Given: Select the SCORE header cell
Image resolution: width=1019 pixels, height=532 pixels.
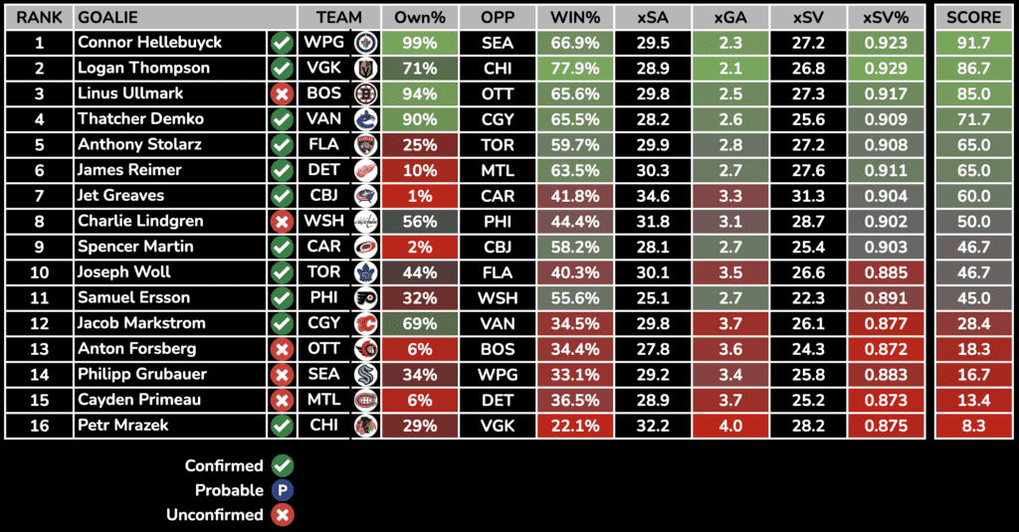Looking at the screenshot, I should (973, 18).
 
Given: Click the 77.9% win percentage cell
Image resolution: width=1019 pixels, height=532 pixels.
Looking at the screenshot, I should (574, 68).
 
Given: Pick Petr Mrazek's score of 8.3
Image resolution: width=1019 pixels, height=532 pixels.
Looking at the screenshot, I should (973, 426).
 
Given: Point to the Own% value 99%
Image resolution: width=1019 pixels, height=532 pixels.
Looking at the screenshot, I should (418, 43).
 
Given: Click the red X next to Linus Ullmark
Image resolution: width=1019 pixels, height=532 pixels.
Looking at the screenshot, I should (282, 93).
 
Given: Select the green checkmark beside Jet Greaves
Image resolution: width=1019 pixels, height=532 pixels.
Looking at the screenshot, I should (282, 196).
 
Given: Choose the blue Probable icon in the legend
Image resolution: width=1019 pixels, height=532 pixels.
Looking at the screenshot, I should (283, 490).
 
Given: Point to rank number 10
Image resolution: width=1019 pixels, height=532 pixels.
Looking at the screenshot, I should (38, 271).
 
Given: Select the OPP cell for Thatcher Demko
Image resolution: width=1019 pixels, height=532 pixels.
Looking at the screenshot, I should (497, 119).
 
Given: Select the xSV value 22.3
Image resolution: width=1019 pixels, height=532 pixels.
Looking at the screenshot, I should (807, 297).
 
